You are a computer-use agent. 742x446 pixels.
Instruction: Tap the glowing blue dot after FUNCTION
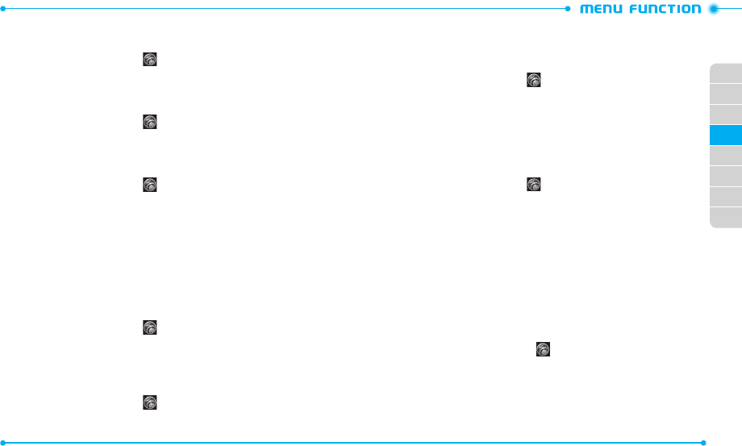[x=713, y=10]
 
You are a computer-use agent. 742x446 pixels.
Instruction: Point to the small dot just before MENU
[x=568, y=9]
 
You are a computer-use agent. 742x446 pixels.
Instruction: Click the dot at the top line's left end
[x=4, y=9]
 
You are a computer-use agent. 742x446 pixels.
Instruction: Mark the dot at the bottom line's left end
[x=4, y=442]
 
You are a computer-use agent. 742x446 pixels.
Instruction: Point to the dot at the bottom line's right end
[x=704, y=442]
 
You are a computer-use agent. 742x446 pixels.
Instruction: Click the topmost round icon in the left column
[x=149, y=59]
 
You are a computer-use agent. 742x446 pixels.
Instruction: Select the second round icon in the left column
[x=149, y=122]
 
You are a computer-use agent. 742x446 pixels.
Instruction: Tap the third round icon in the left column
[x=149, y=185]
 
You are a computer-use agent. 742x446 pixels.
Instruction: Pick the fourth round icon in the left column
[x=149, y=327]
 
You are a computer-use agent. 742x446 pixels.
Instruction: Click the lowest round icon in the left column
[x=149, y=402]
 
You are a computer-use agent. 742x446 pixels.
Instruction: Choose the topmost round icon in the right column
[x=533, y=80]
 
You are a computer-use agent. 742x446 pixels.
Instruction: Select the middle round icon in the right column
[x=533, y=185]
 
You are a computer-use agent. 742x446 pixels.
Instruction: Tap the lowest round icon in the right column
[x=544, y=349]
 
